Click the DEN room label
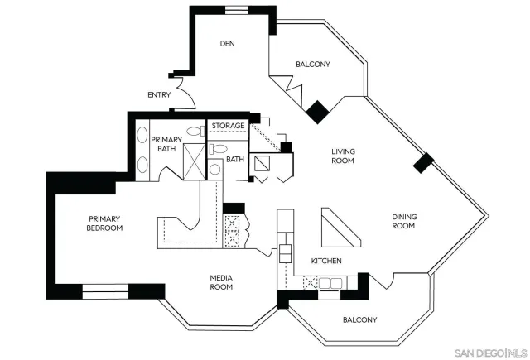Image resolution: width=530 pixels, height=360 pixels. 229,44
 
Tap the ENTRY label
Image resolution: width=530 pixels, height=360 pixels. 159,94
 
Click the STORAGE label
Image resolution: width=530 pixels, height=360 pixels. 228,126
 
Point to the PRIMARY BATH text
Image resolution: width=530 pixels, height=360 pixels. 166,144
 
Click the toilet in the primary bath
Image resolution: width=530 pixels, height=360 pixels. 195,131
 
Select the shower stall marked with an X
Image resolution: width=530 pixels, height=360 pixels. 193,161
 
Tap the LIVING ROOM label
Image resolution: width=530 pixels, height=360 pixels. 343,156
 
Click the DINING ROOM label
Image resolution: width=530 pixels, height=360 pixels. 403,221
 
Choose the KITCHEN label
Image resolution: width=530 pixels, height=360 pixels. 326,261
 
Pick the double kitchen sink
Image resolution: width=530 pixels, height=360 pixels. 330,283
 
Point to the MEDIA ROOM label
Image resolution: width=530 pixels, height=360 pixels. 220,282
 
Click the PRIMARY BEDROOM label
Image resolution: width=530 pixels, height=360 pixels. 106,223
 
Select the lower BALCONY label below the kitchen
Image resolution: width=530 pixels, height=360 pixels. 359,319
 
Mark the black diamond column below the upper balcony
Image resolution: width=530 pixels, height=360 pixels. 316,112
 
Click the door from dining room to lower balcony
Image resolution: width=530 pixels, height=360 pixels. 378,282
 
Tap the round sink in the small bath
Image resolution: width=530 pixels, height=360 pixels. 214,169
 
